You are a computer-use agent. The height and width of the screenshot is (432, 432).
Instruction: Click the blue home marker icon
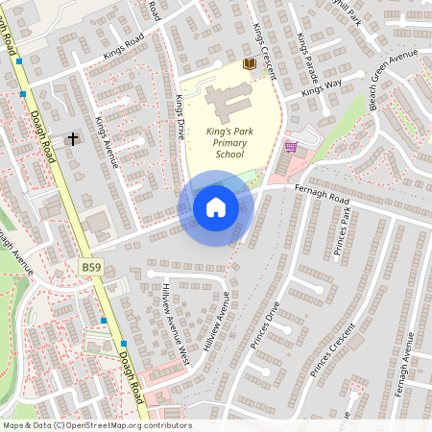(x=215, y=207)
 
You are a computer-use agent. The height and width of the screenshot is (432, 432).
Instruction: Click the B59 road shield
(x=90, y=266)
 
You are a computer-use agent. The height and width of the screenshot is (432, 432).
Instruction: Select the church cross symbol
(x=72, y=139)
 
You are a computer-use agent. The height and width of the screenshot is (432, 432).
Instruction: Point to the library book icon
(x=250, y=63)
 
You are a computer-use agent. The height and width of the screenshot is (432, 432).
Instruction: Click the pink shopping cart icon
(x=291, y=147)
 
